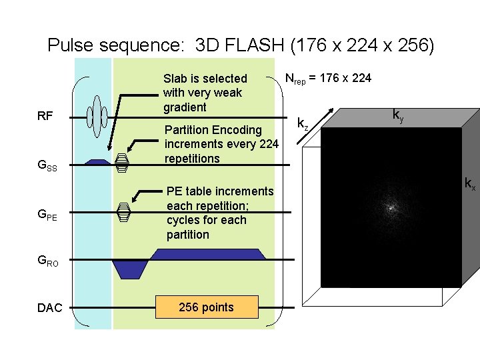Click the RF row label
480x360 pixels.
[x=45, y=116]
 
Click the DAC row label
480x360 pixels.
[x=50, y=307]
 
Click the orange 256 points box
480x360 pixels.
[x=206, y=307]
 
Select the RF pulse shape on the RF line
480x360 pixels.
[x=98, y=115]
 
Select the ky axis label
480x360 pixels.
[x=397, y=117]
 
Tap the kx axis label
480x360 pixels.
[x=469, y=183]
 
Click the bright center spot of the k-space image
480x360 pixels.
[x=391, y=208]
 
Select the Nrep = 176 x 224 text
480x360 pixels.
[x=328, y=78]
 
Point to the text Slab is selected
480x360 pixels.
[x=205, y=79]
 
